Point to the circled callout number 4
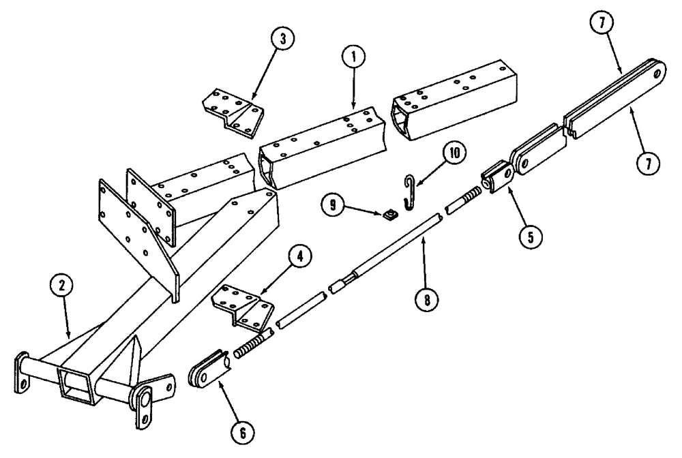[299, 258]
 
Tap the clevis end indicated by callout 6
[208, 371]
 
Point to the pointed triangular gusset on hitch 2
[134, 354]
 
